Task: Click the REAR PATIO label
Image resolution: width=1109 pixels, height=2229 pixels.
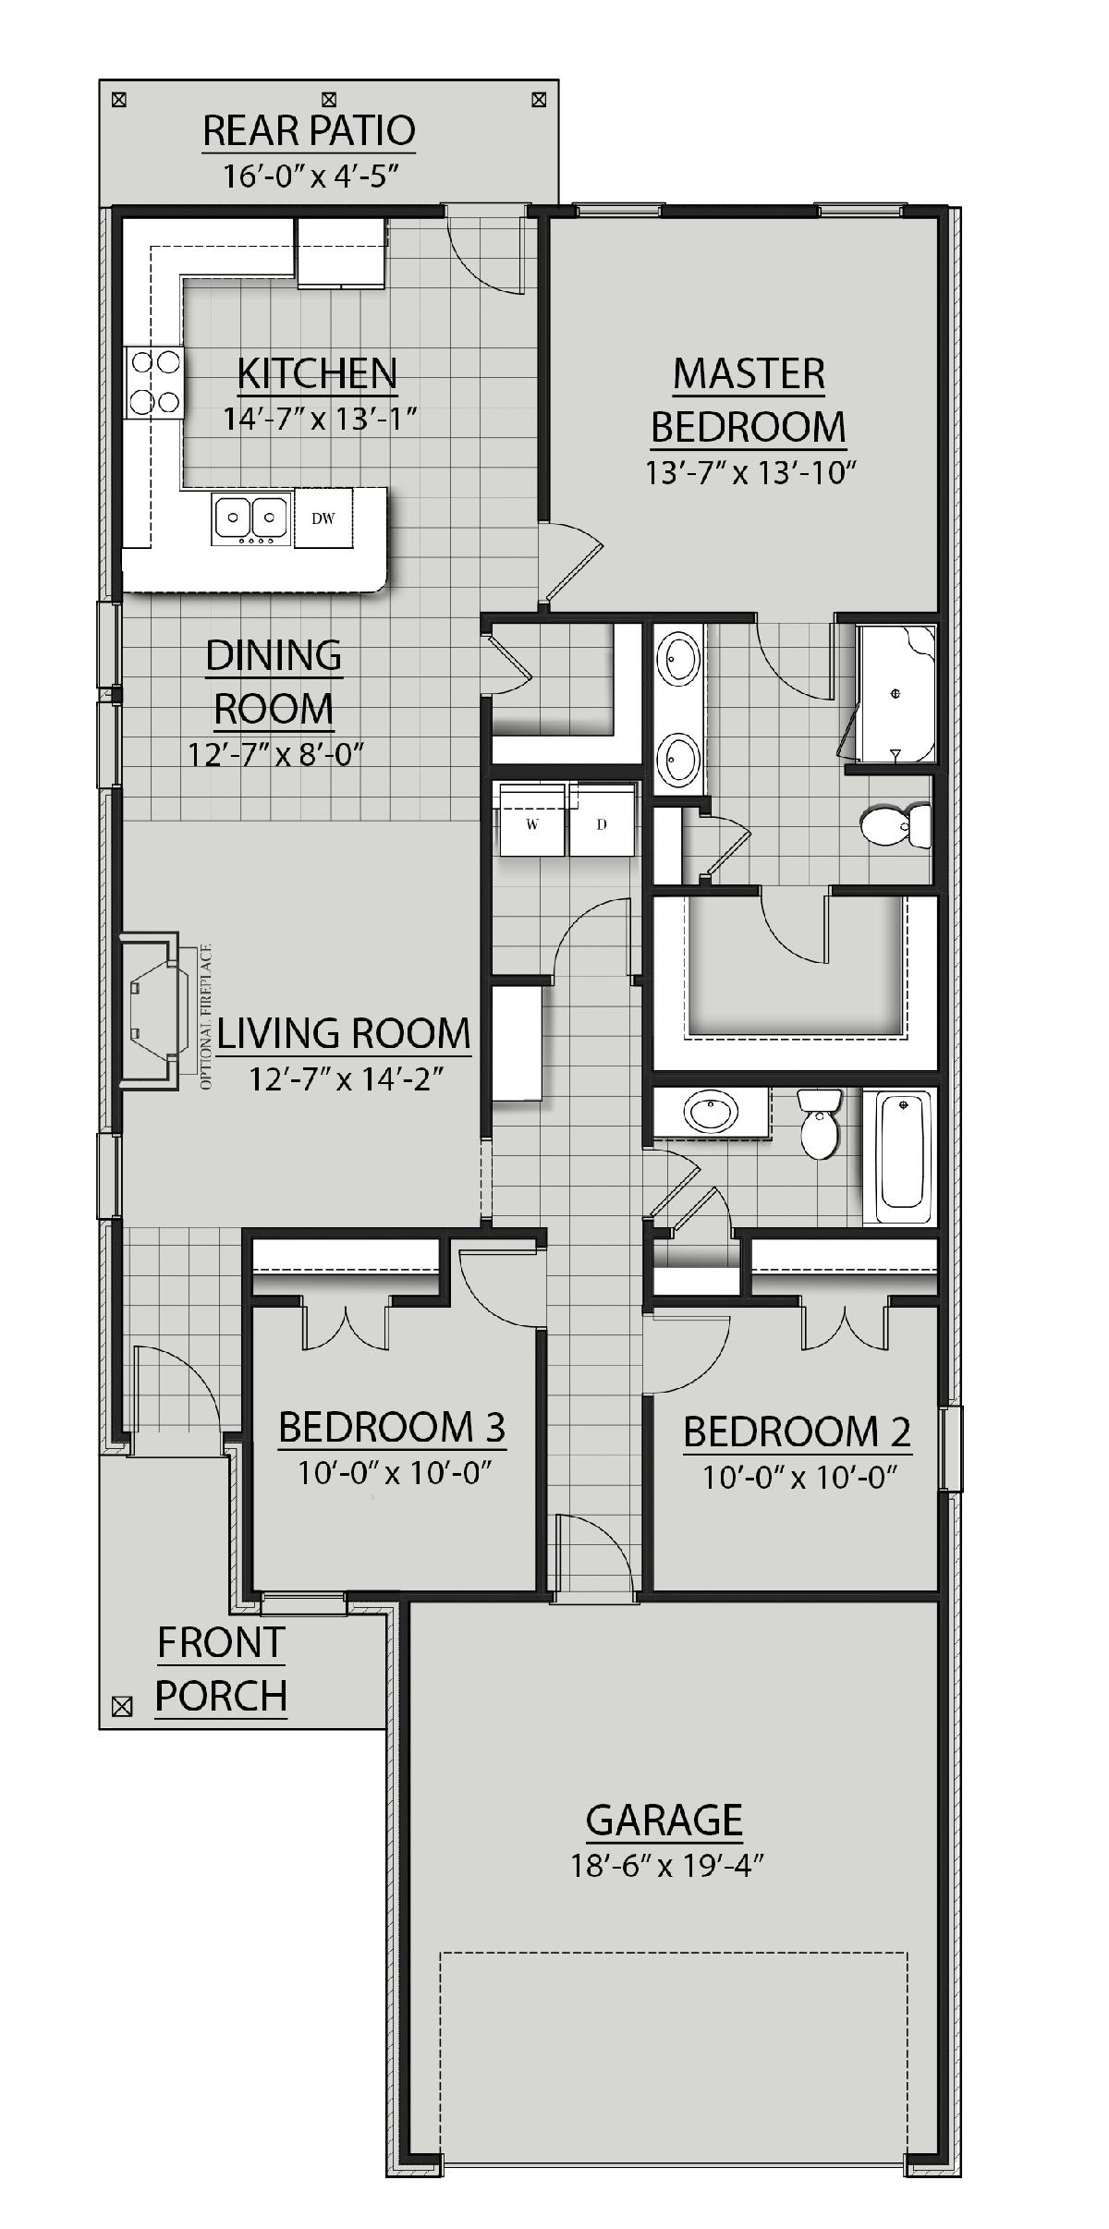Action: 309,131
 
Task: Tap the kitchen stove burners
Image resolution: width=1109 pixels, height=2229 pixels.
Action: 153,382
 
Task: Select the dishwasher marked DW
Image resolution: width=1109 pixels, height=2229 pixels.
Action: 323,518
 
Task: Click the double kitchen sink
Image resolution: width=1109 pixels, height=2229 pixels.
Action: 250,517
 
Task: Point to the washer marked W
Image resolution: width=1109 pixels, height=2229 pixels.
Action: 531,821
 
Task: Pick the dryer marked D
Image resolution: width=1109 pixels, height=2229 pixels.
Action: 602,821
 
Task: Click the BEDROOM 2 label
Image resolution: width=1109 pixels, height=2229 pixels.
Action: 797,1431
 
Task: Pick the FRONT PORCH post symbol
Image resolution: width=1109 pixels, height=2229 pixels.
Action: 121,1707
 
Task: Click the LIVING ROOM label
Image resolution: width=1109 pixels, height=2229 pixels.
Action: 343,1033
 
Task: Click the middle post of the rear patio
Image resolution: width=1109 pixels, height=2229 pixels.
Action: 329,98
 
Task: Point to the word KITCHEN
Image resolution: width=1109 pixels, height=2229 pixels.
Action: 317,373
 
